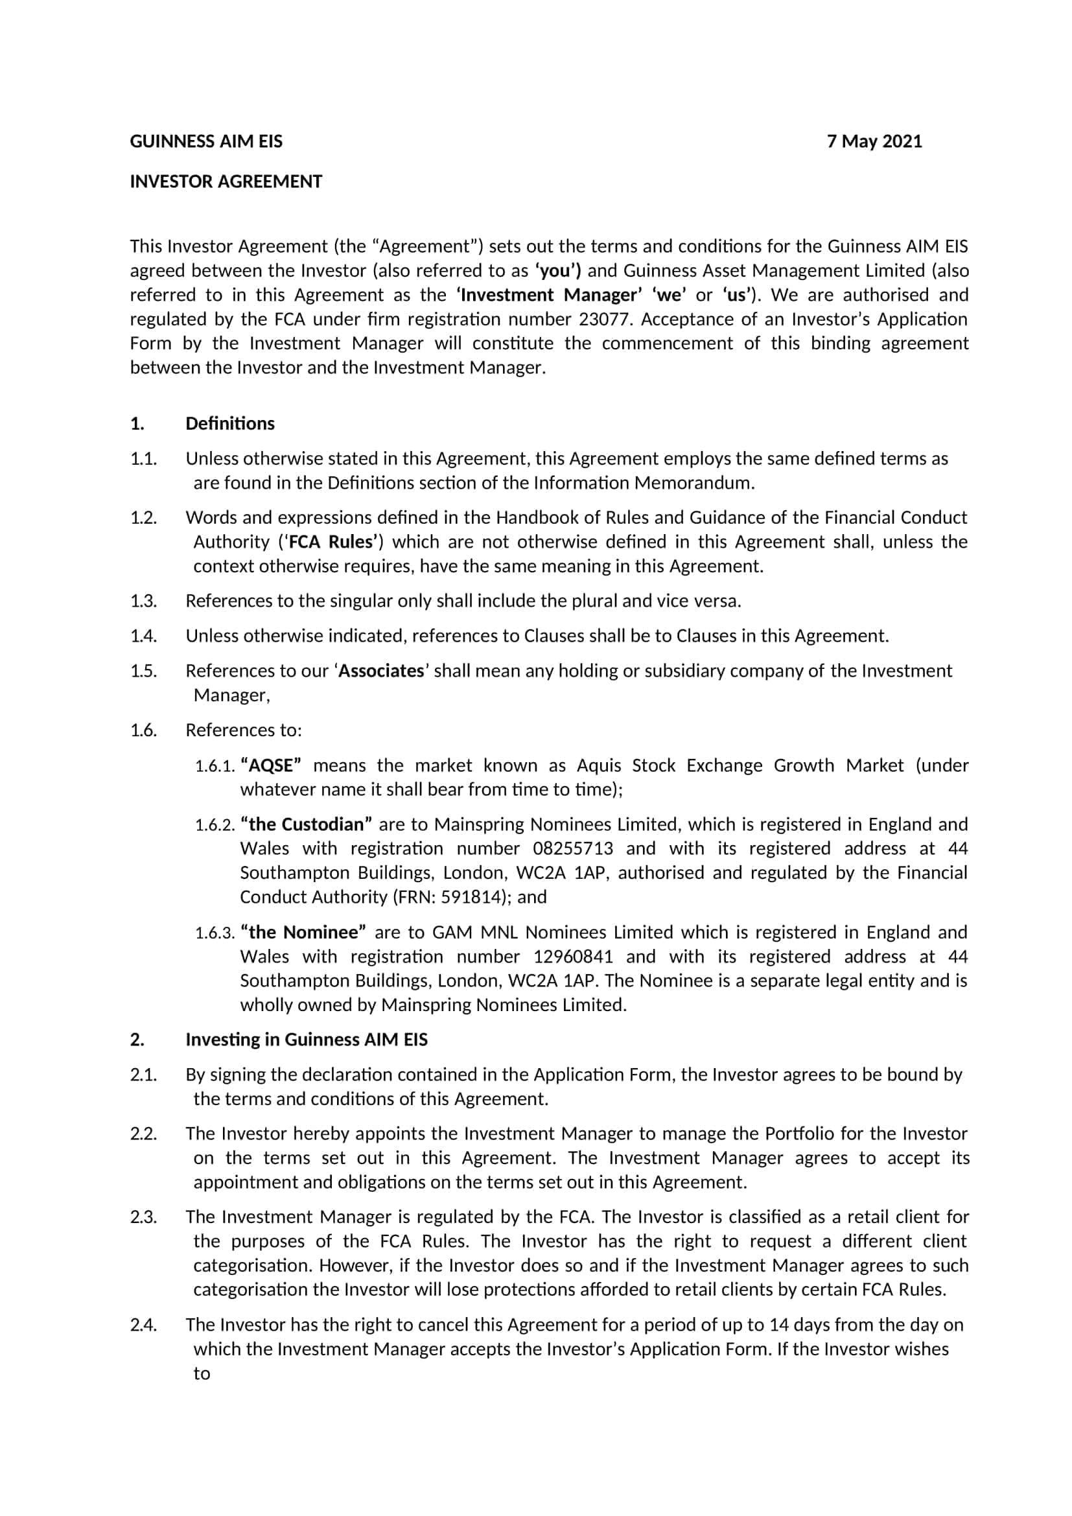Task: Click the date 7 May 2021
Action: (874, 141)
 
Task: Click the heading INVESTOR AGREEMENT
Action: (226, 181)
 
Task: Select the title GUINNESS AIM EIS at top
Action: (206, 141)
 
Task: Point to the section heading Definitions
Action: (229, 423)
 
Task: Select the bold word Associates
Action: (381, 671)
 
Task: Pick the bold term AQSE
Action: (272, 765)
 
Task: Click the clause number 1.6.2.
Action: (215, 825)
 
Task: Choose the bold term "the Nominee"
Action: (303, 932)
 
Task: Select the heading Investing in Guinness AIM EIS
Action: (307, 1040)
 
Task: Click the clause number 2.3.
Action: (143, 1218)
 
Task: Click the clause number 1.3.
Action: (143, 601)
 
